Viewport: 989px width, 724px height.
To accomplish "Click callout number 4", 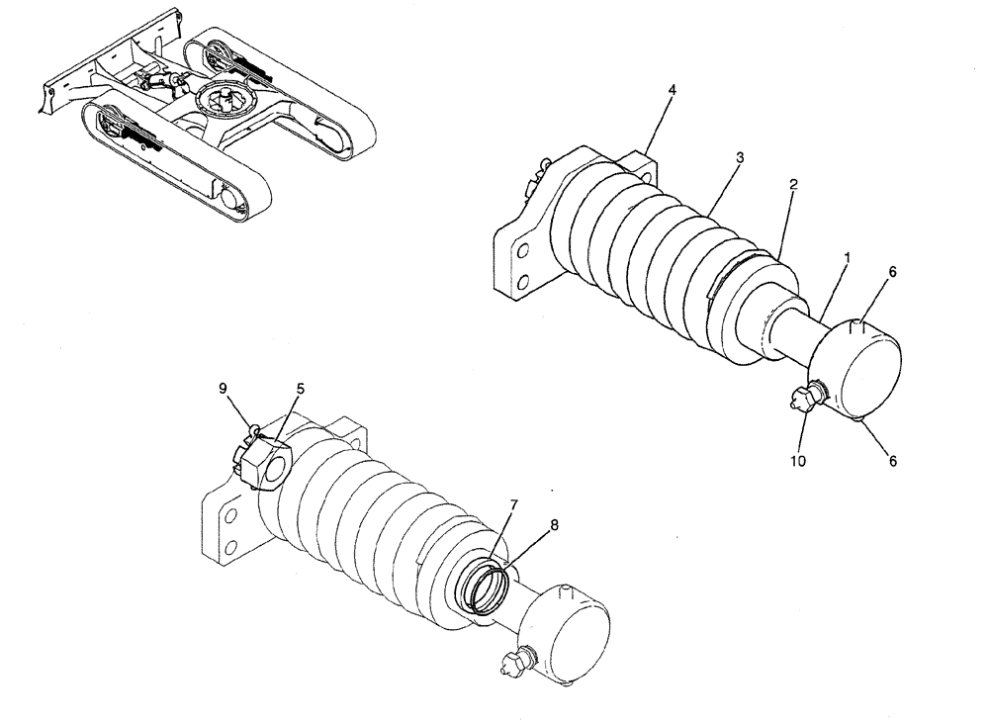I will point(672,90).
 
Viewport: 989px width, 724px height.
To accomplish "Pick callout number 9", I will point(223,387).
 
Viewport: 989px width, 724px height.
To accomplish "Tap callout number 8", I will point(553,524).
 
